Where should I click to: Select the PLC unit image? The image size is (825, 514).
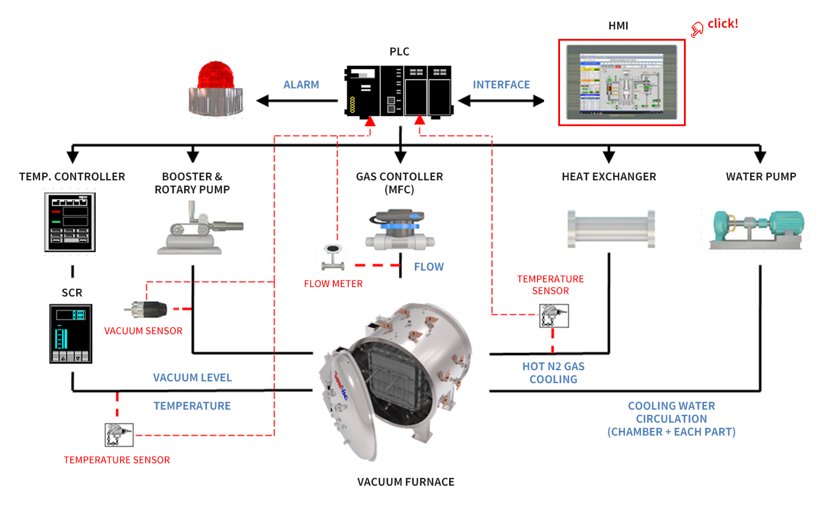[399, 91]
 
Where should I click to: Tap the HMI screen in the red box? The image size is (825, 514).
[621, 83]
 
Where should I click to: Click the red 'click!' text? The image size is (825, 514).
[722, 24]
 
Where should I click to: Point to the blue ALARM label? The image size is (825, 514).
[301, 85]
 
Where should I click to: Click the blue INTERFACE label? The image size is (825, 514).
[501, 85]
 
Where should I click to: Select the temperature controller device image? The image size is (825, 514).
[70, 222]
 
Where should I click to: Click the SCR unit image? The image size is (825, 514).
[71, 334]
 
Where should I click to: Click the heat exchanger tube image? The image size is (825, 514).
[611, 229]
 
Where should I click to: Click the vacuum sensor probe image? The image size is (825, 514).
[147, 309]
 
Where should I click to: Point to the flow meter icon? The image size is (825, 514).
[333, 256]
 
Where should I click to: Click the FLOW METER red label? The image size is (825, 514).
[333, 284]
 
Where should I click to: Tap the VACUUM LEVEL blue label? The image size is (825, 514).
[192, 378]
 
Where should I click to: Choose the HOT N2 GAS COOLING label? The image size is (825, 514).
[553, 373]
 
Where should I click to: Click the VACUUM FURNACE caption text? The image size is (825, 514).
[405, 482]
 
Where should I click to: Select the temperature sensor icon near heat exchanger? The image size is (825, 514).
[554, 316]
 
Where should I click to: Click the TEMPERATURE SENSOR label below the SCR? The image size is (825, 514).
[117, 460]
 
